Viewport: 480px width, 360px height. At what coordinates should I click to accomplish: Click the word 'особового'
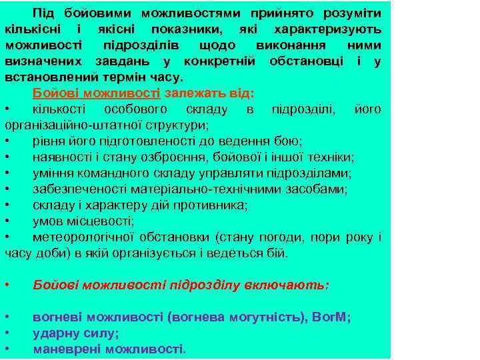136,109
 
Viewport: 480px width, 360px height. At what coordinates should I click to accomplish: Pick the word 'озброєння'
160,157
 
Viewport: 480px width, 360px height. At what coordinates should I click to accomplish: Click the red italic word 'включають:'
292,285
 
